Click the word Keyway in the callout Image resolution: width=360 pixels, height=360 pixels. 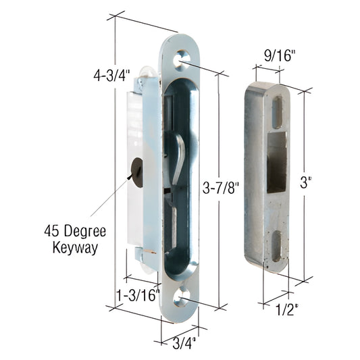(x=74, y=247)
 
